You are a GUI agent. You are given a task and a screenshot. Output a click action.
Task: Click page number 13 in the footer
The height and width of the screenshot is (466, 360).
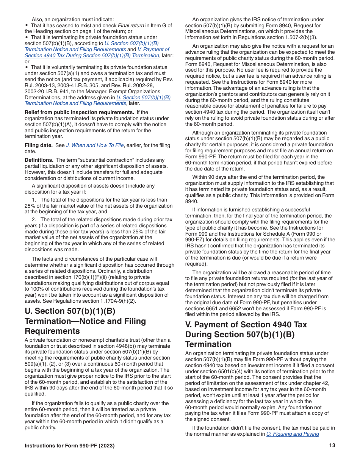click(x=332, y=446)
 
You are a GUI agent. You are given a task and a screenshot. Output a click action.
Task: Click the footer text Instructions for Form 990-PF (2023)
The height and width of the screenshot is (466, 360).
click(x=69, y=446)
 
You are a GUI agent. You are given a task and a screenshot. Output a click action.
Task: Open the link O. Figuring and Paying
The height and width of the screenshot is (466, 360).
click(x=293, y=434)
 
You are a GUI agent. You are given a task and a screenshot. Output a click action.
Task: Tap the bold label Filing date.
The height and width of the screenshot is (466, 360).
click(x=39, y=145)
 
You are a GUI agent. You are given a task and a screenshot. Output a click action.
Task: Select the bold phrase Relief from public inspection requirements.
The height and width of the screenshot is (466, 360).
click(x=79, y=113)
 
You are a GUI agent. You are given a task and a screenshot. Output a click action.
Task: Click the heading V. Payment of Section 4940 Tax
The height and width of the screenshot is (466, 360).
click(x=246, y=325)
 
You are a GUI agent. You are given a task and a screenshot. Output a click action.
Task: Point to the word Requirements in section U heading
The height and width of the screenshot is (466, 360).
click(x=52, y=331)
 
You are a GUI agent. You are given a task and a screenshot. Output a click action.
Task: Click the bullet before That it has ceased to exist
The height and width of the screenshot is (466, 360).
click(x=27, y=26)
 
